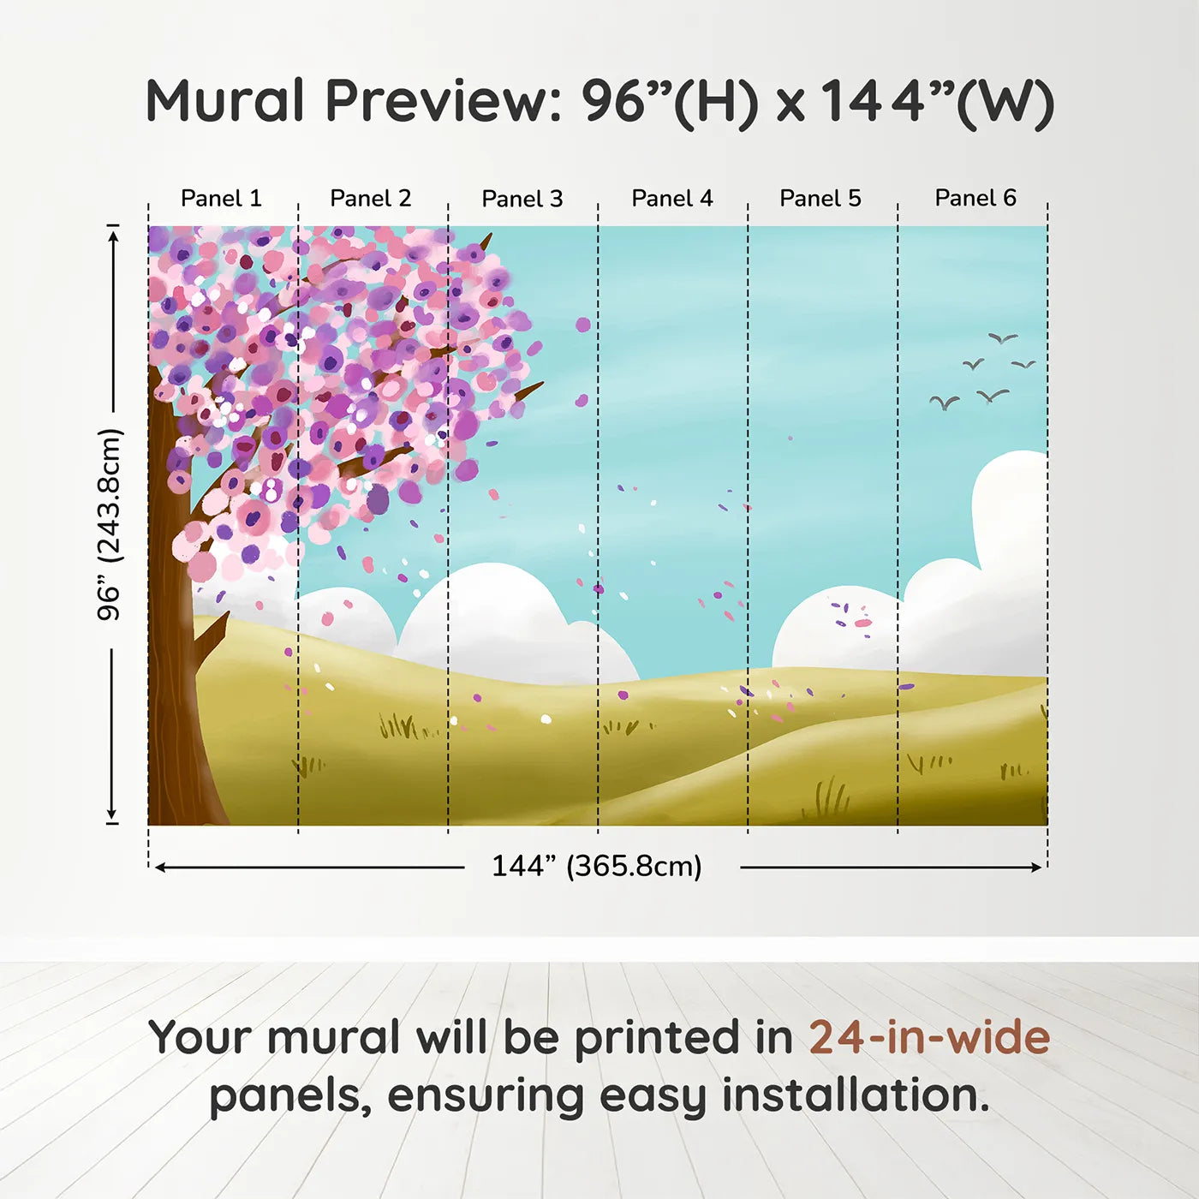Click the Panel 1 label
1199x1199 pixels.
221,199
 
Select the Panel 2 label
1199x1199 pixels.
371,199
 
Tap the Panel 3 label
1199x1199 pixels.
522,200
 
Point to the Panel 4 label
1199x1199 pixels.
672,199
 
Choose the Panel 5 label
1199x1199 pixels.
820,199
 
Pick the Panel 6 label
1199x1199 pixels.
975,198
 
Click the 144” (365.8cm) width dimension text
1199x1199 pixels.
597,867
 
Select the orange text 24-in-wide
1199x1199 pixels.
929,1038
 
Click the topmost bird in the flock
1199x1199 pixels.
1002,338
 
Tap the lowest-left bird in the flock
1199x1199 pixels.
945,403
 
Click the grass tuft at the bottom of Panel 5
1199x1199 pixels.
826,799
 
